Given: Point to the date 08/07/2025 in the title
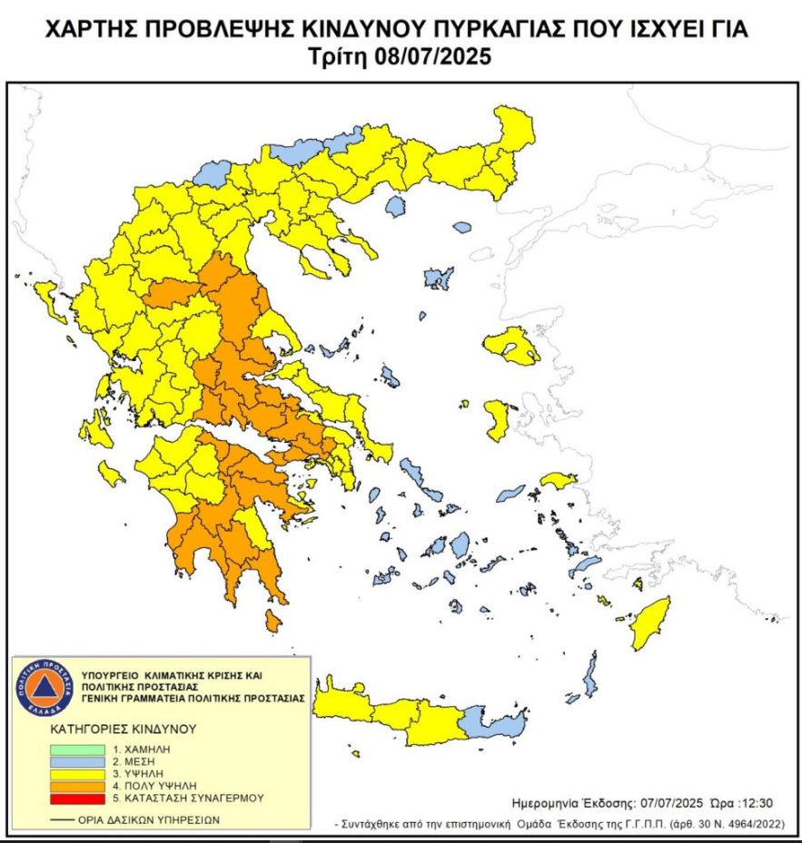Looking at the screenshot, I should click(431, 56).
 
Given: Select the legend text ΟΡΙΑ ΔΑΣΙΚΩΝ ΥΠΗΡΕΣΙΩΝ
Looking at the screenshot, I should click(148, 819).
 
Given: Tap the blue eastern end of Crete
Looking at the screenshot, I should click(495, 724).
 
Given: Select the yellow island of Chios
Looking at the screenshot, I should click(497, 421).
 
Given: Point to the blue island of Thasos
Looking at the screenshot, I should click(394, 207).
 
